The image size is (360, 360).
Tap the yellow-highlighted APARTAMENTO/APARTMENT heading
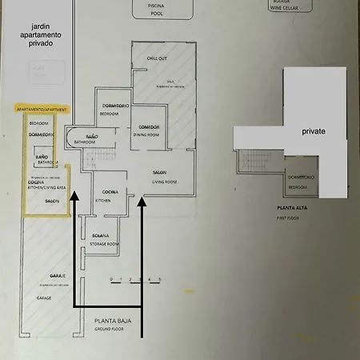(42, 108)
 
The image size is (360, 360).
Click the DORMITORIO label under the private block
(302, 177)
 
